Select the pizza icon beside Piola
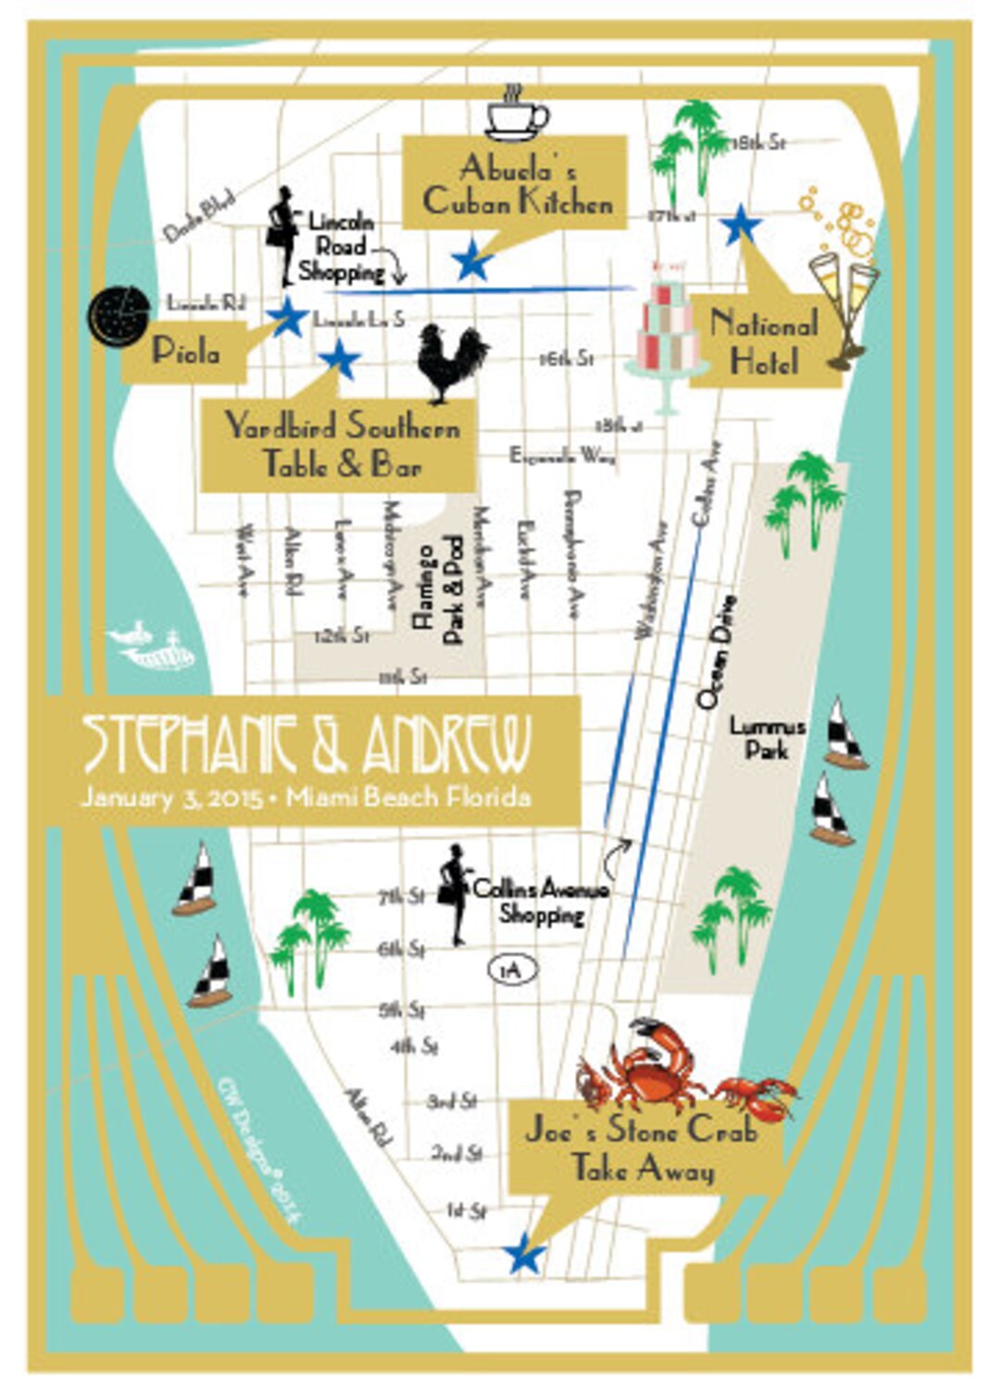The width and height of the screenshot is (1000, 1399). [119, 316]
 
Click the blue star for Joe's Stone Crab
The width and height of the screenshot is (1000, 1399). [524, 1255]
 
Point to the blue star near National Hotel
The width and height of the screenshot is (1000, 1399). [740, 225]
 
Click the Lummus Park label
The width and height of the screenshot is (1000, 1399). [767, 738]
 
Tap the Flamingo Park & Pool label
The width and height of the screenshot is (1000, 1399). [439, 589]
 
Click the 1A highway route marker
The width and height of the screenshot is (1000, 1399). [512, 969]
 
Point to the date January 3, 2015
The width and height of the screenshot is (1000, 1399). [170, 797]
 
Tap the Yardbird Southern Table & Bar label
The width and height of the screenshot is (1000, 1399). [342, 445]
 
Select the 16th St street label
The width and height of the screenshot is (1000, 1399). [566, 358]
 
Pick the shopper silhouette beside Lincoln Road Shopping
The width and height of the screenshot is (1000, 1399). [282, 237]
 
